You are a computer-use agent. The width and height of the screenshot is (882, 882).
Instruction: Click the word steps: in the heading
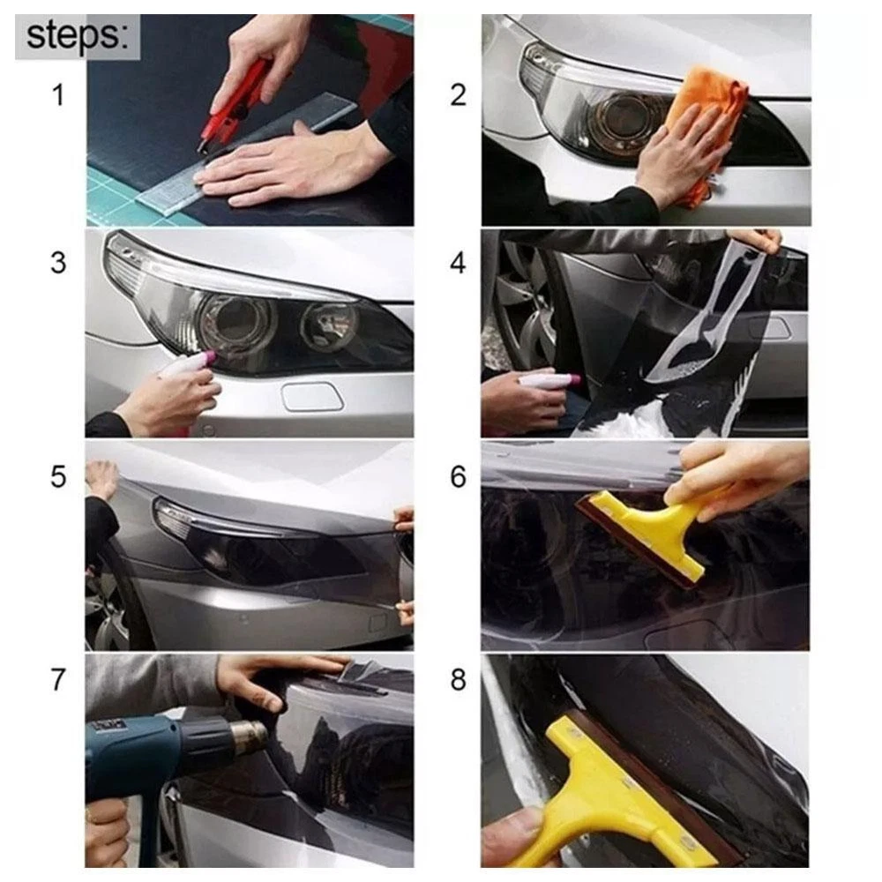click(78, 35)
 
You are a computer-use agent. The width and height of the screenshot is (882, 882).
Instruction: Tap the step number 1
click(58, 94)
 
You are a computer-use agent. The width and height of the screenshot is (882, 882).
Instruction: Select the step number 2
click(458, 94)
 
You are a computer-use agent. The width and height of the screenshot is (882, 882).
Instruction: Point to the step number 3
click(58, 263)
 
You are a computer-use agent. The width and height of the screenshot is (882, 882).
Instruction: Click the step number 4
click(458, 263)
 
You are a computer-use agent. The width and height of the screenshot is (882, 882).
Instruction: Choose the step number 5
click(58, 476)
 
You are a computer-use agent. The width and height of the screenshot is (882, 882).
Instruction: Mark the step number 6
click(458, 476)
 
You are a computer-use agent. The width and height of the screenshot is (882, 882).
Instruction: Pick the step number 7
click(58, 679)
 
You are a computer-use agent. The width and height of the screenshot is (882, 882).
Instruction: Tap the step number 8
click(458, 679)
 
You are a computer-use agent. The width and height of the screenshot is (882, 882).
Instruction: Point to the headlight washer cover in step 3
click(313, 397)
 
